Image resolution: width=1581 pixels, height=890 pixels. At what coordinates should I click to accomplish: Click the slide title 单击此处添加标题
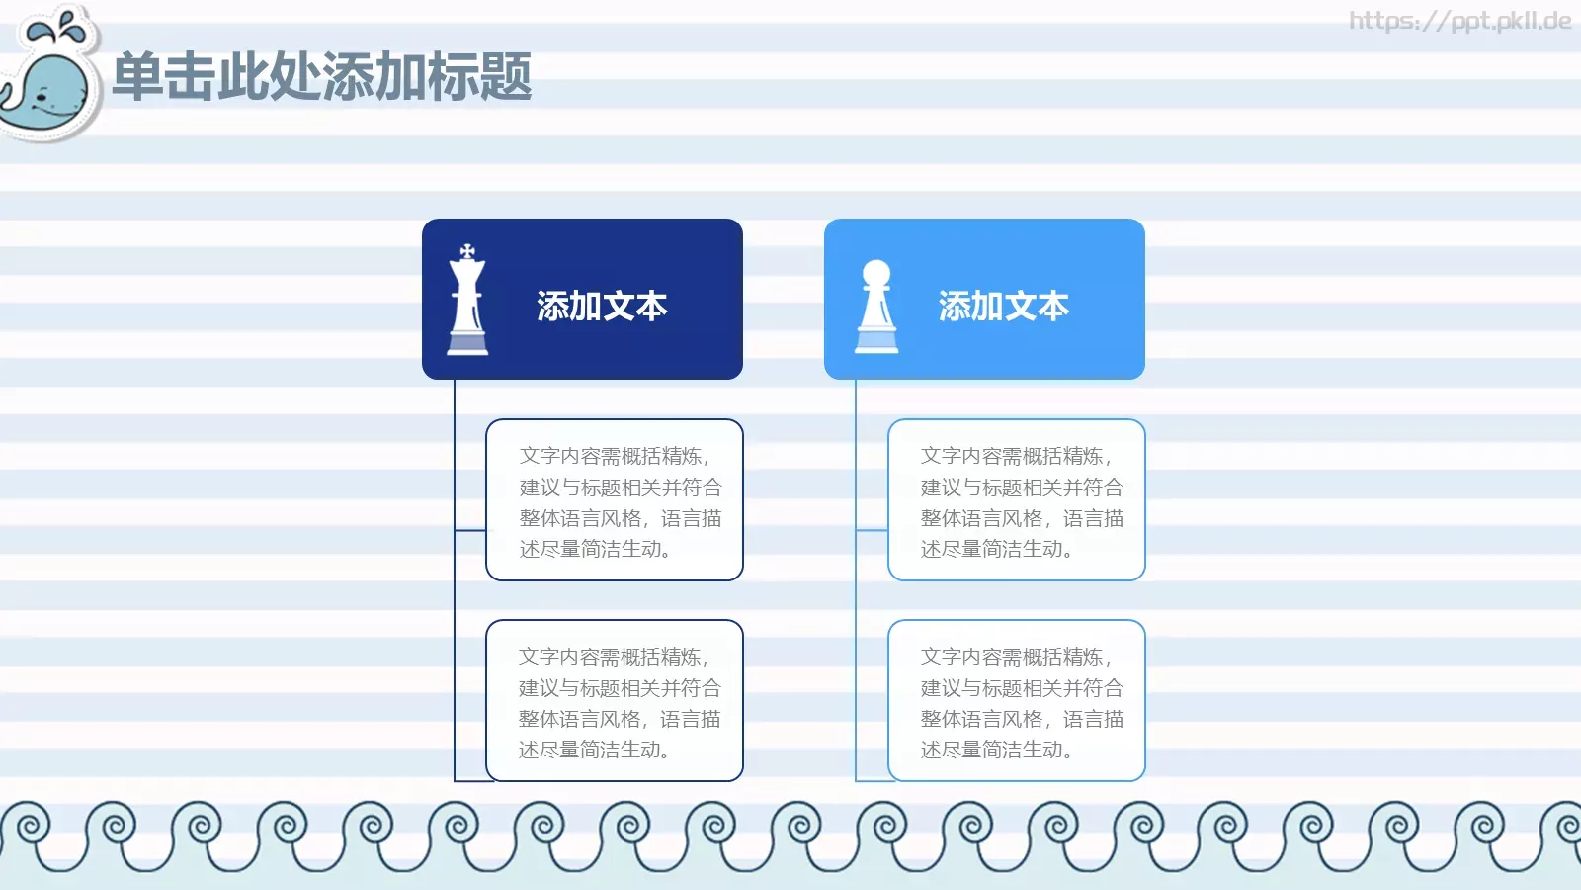pos(322,77)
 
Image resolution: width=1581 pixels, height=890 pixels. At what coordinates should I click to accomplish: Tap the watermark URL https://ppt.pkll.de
pos(1459,21)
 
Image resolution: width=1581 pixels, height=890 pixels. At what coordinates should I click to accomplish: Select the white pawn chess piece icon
pos(876,307)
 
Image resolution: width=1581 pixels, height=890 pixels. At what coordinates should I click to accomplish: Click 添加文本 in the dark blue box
pos(602,307)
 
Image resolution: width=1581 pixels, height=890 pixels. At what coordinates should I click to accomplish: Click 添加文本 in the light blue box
pos(1003,307)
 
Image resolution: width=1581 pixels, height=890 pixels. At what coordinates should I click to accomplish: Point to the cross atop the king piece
pos(467,251)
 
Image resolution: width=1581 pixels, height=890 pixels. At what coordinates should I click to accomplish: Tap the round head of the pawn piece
pos(876,273)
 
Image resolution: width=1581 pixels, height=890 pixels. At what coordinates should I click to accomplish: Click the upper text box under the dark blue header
pos(615,500)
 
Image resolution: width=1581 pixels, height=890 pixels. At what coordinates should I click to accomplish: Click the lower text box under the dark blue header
pos(615,701)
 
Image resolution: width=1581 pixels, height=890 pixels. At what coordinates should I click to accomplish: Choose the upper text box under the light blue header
pos(1017,500)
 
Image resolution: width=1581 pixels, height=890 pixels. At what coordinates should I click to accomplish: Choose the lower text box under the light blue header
pos(1017,701)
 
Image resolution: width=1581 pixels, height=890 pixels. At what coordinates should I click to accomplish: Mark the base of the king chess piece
pos(467,344)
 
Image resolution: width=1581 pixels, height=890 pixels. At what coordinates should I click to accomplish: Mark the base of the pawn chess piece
pos(876,342)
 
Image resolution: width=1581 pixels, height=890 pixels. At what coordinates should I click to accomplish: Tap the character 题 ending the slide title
pos(506,77)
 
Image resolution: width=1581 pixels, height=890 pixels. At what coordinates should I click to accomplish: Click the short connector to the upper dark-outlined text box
pos(470,531)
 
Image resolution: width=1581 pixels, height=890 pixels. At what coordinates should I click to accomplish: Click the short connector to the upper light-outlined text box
pos(872,531)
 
